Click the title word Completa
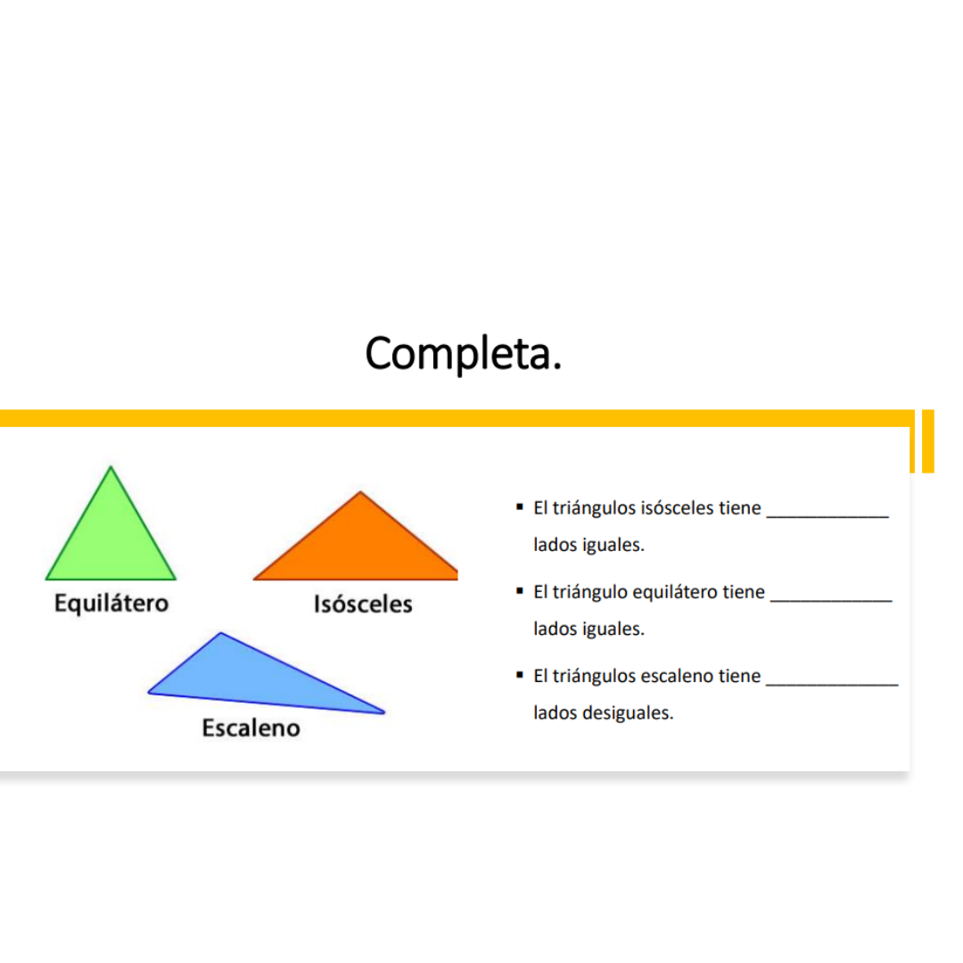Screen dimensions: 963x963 pos(463,354)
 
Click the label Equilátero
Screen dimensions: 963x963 pos(111,603)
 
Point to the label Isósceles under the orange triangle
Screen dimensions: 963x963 pos(363,605)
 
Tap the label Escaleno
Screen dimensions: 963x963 pos(251,728)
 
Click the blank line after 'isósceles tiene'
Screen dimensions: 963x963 pos(827,517)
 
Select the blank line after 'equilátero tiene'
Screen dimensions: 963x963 pos(831,601)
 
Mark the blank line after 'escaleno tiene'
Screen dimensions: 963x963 pos(832,684)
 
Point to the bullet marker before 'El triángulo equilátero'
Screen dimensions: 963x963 pos(520,591)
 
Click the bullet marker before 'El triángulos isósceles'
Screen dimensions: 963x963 pos(520,506)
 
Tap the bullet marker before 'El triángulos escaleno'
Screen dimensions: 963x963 pos(520,675)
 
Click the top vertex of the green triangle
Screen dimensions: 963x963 pos(111,466)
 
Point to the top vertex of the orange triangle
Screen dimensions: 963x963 pos(360,491)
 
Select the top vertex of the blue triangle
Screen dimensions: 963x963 pos(220,632)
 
